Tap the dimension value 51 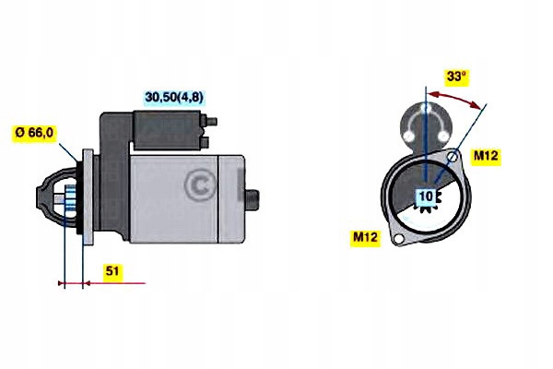tap(112, 273)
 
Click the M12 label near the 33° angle tap(486, 157)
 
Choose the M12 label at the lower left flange tap(366, 237)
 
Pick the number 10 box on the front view tap(426, 196)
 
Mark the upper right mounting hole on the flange tap(452, 158)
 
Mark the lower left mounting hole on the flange tap(398, 240)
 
